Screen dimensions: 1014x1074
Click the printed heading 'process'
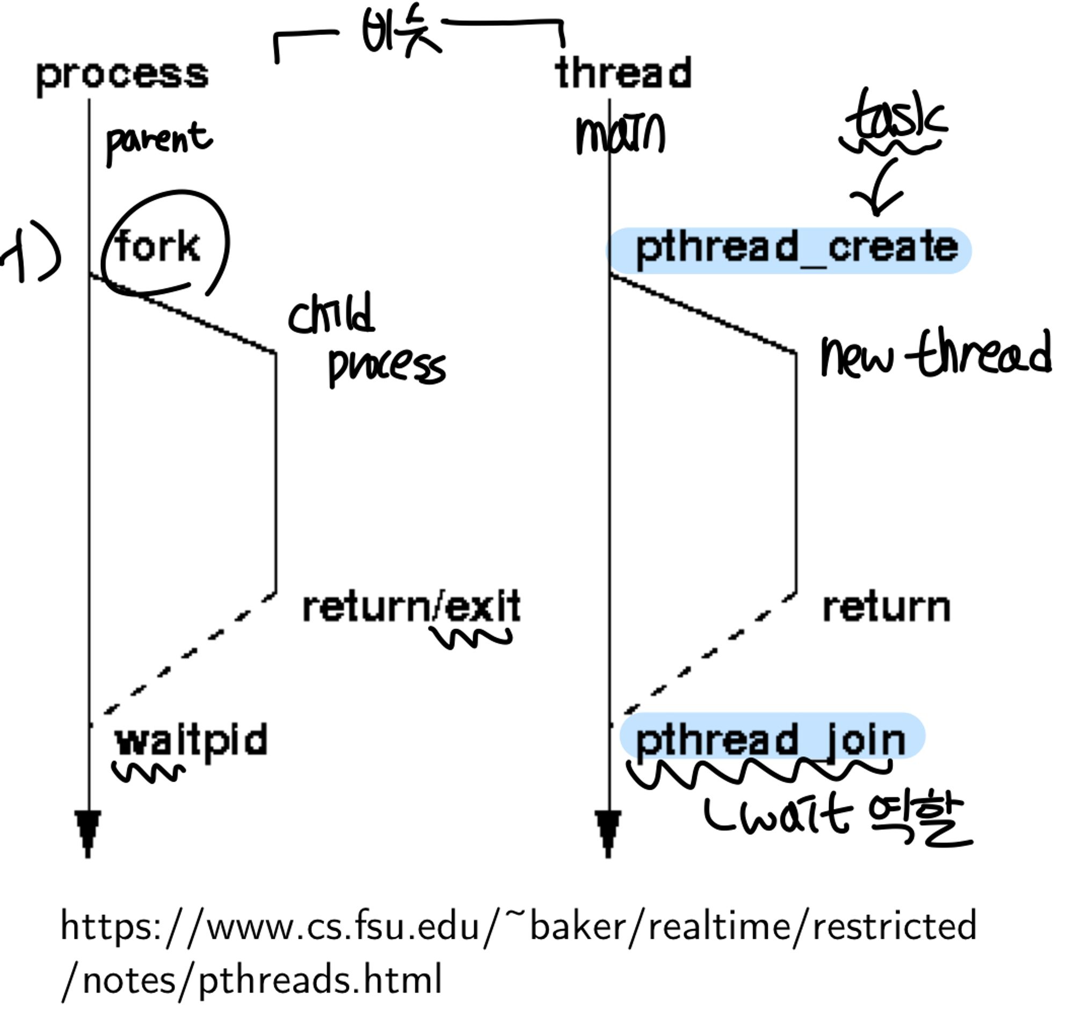coord(122,76)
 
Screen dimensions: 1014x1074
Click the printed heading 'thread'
coord(623,74)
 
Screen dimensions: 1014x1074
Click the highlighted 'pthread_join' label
coord(771,739)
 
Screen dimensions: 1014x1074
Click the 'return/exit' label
coord(411,608)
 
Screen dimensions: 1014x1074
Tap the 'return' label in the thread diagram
coord(886,608)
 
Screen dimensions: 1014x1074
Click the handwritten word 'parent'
coord(158,141)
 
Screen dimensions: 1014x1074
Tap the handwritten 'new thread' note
coord(935,354)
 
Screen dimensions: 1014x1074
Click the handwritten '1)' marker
coord(32,251)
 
